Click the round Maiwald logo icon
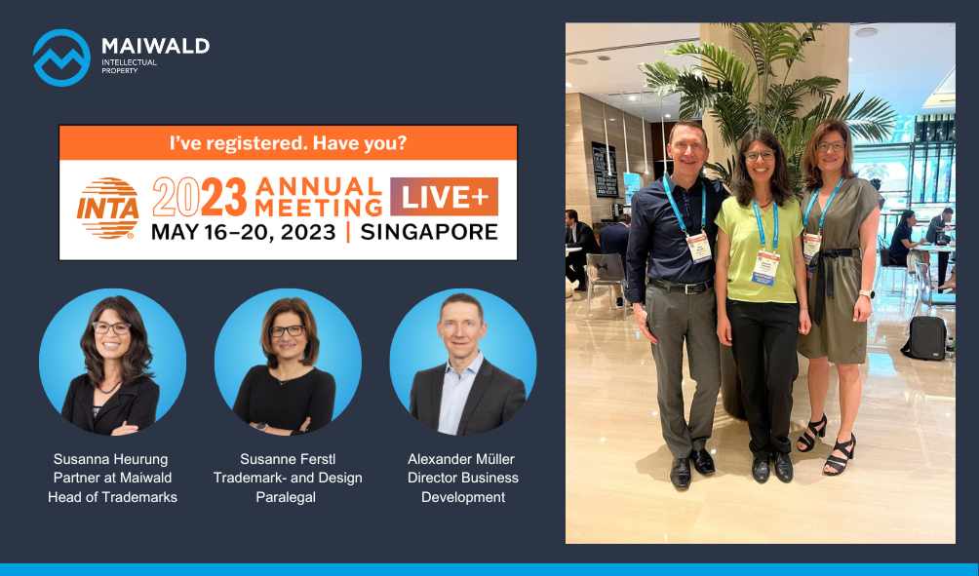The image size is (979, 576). click(61, 58)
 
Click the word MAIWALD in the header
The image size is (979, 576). click(155, 46)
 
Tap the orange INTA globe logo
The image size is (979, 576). click(108, 208)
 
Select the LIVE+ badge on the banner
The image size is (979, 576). click(444, 197)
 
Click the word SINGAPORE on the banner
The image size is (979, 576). click(430, 232)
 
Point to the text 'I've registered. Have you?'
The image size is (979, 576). click(289, 143)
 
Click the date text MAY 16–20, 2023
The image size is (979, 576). click(244, 232)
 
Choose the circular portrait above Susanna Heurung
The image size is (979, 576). click(112, 362)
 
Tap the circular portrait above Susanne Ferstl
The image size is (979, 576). click(288, 362)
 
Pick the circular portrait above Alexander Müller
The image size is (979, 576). click(463, 362)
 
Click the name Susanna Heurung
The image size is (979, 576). click(111, 459)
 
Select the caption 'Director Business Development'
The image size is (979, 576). click(463, 487)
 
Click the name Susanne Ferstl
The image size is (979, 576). click(288, 459)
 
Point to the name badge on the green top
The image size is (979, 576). click(765, 266)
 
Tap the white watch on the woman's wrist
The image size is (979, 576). click(865, 294)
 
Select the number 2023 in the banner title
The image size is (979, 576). click(200, 197)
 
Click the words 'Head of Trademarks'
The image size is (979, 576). click(112, 497)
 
